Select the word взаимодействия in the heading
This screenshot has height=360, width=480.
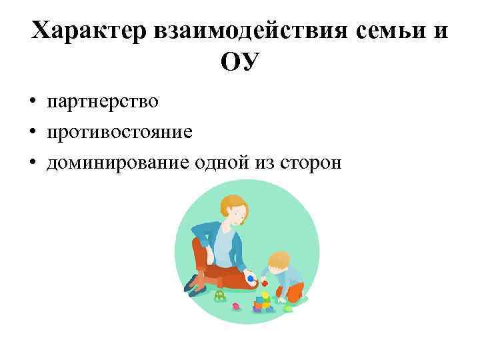point(237,31)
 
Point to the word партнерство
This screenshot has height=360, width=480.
point(102,102)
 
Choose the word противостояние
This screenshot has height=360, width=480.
point(119,132)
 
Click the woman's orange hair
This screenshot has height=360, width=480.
point(232,203)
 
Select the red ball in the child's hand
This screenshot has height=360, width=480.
point(265,283)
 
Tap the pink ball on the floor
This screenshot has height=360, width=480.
point(235,307)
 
